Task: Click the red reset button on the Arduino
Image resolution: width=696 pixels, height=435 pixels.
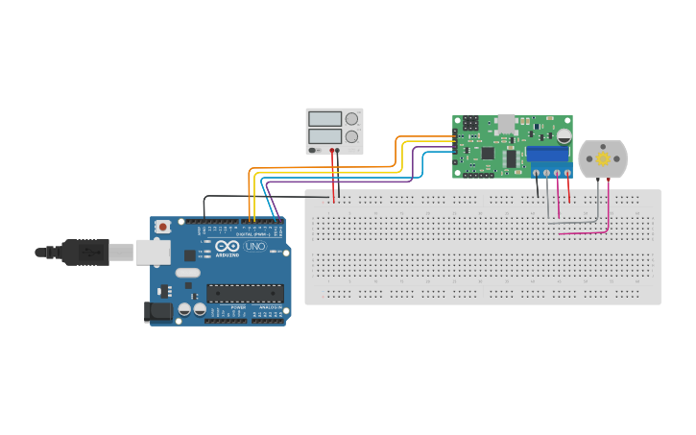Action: pos(163,227)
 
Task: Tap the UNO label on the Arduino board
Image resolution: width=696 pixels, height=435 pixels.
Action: pos(255,247)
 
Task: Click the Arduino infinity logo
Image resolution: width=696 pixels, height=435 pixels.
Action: pos(229,247)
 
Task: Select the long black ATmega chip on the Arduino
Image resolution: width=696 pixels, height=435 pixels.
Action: pos(245,294)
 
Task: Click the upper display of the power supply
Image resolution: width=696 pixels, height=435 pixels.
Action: pos(324,119)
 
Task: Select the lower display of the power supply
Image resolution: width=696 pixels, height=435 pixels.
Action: pos(324,137)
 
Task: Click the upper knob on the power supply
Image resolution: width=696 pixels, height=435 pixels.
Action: pos(351,119)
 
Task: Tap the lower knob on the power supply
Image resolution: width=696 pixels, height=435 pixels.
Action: pos(351,137)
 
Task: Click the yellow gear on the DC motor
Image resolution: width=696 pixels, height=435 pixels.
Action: pos(603,158)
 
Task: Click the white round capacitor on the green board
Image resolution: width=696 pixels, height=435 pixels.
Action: pos(565,135)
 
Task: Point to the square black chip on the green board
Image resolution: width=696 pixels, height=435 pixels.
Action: pos(488,153)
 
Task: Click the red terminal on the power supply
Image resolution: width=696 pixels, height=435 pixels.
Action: pos(332,151)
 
